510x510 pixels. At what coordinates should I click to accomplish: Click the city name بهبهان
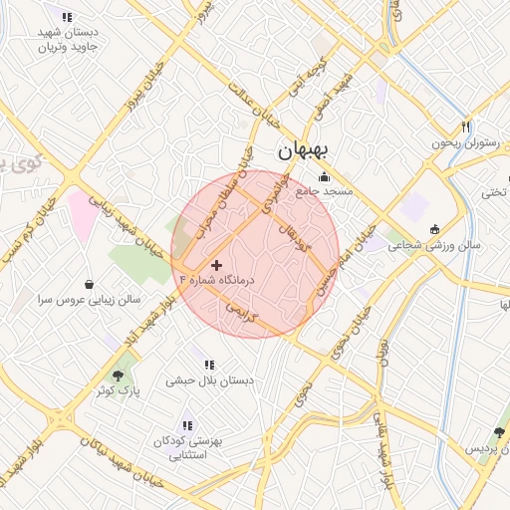pyautogui.click(x=306, y=152)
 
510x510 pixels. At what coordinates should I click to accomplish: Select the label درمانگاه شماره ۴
pyautogui.click(x=215, y=281)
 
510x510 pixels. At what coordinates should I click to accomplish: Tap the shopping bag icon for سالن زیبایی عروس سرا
pyautogui.click(x=91, y=283)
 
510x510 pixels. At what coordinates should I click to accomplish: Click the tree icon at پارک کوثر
pyautogui.click(x=119, y=376)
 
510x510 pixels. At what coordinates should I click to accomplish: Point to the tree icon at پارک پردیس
pyautogui.click(x=499, y=433)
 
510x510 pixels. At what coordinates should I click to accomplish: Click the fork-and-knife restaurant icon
pyautogui.click(x=464, y=127)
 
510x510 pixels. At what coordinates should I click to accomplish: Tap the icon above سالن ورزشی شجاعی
pyautogui.click(x=433, y=230)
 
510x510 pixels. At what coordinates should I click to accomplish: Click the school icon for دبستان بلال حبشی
pyautogui.click(x=209, y=365)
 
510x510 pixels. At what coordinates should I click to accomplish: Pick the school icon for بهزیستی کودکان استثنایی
pyautogui.click(x=187, y=425)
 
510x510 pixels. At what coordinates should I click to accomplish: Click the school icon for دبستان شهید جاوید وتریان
pyautogui.click(x=67, y=17)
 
